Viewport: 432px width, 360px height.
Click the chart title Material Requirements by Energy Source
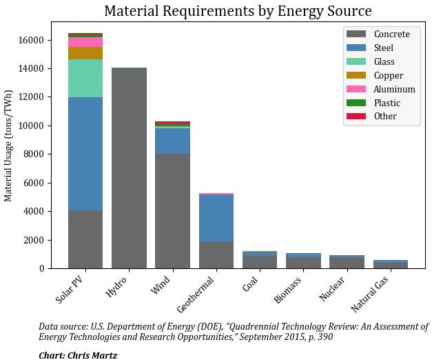point(238,12)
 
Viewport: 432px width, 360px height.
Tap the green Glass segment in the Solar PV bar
point(85,78)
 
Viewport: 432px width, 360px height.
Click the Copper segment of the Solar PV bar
point(85,53)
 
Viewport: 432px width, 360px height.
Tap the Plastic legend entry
point(386,103)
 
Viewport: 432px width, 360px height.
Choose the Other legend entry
point(384,117)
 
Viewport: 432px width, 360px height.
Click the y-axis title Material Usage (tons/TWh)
point(9,146)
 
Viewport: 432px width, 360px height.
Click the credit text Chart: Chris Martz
point(78,355)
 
